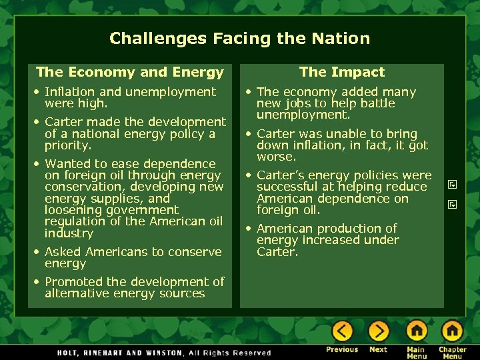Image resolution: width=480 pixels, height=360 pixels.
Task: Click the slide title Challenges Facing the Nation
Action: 239,39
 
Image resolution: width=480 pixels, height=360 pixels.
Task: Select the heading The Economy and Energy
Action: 130,72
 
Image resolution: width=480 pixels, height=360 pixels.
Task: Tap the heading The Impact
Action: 342,72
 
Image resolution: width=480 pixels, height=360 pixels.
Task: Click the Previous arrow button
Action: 342,331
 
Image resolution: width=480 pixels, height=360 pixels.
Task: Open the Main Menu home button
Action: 417,331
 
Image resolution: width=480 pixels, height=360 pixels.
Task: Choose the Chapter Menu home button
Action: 452,331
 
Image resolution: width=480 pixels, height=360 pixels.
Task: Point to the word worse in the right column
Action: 275,157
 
